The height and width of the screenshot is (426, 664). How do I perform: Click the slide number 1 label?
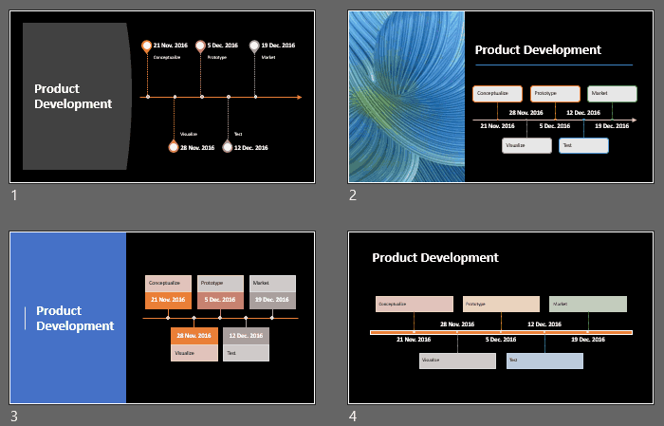click(x=14, y=195)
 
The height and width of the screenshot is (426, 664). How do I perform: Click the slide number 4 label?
click(x=353, y=416)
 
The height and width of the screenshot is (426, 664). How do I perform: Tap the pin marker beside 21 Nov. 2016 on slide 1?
click(x=146, y=45)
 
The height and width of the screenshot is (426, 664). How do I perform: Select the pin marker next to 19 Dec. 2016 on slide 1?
click(x=254, y=45)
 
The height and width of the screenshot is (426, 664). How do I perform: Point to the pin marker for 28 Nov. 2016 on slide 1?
click(x=173, y=147)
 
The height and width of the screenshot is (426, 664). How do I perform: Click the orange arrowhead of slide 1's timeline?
click(x=299, y=97)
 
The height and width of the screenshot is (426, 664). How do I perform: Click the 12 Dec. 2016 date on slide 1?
click(x=250, y=148)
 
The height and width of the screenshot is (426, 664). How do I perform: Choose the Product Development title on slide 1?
click(x=73, y=96)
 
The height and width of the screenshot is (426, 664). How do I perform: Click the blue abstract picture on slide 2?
click(x=406, y=96)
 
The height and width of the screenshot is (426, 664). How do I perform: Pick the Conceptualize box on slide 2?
click(x=498, y=93)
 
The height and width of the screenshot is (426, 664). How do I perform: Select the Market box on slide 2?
click(x=612, y=93)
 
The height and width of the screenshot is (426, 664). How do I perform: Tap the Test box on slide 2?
click(x=583, y=145)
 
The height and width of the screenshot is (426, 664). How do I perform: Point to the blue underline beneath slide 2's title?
click(x=553, y=65)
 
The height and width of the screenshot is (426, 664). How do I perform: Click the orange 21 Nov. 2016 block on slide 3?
click(x=169, y=300)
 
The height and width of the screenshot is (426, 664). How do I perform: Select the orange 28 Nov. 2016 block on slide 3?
click(x=194, y=335)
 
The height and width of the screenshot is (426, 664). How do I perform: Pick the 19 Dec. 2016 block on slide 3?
click(x=272, y=300)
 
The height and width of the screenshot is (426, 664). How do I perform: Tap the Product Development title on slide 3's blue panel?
click(x=75, y=318)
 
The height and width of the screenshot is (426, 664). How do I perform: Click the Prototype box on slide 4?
click(x=501, y=304)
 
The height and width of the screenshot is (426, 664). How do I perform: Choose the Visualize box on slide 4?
click(x=457, y=361)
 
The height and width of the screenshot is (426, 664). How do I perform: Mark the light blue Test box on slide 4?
click(x=544, y=361)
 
